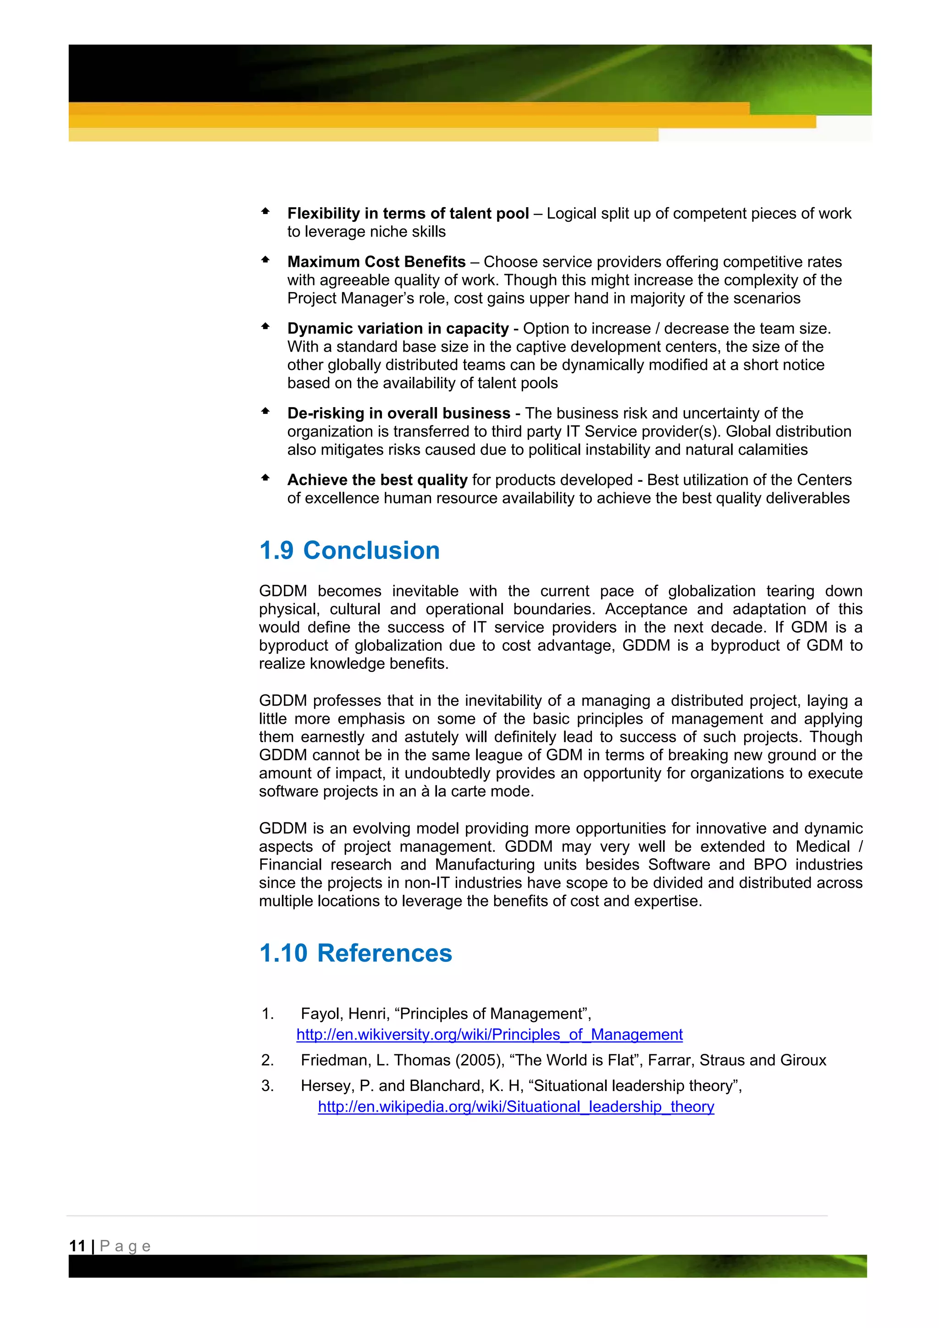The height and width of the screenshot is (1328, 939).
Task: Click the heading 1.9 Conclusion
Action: [x=349, y=550]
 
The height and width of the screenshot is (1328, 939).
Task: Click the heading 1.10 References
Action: [x=355, y=953]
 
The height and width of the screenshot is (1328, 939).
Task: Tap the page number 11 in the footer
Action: [x=77, y=1246]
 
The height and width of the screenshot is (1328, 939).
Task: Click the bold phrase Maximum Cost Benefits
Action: [x=376, y=262]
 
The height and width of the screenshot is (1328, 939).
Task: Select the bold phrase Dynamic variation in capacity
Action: [x=398, y=329]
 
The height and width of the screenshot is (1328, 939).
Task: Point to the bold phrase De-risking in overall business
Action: [x=398, y=413]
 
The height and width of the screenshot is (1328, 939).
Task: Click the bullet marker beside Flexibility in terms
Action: [x=265, y=212]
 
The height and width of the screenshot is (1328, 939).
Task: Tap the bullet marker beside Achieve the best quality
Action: [x=265, y=478]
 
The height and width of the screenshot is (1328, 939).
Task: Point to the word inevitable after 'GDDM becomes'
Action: [x=425, y=591]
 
